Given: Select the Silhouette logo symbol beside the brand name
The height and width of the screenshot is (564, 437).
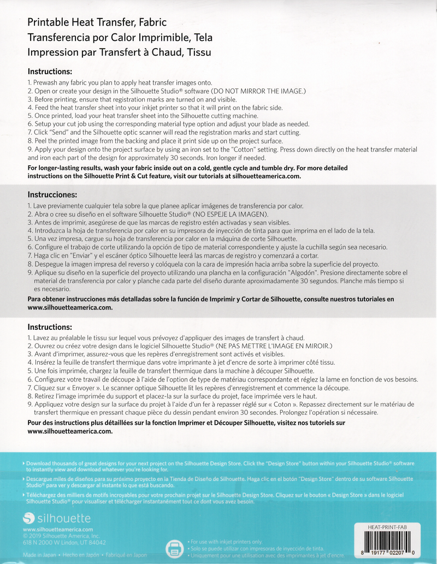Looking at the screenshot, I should pos(28,518).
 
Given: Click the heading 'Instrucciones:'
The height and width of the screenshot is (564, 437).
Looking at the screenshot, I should pos(52,194).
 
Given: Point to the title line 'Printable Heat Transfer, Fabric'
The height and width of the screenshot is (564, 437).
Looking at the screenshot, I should pos(97,22).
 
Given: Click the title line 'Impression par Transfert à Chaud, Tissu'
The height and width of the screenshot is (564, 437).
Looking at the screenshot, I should pos(119,52).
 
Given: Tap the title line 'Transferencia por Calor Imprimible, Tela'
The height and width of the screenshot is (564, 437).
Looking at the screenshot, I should pos(120,38).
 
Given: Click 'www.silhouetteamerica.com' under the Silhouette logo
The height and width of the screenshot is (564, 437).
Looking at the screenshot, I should pos(58,529).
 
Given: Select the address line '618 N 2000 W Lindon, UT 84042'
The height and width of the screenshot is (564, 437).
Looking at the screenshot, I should pos(64,542).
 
